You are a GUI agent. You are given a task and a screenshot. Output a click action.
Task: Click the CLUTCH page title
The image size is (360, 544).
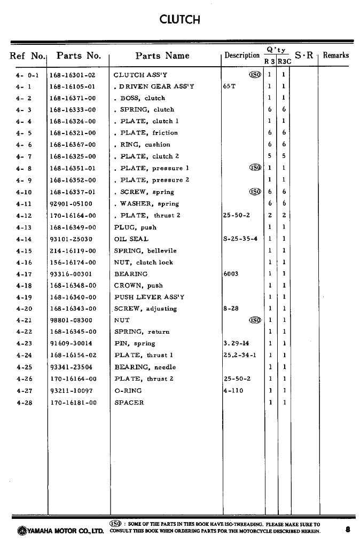179,20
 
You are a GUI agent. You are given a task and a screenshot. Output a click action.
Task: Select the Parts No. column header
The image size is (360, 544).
79,56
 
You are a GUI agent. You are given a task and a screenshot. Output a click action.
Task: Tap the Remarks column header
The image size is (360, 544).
335,55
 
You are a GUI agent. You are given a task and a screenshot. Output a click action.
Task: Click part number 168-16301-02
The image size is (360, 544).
72,75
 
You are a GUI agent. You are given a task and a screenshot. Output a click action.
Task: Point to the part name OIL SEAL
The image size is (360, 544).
131,239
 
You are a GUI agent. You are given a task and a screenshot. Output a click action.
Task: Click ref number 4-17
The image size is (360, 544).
24,274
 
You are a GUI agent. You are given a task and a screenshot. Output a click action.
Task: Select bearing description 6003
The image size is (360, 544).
231,274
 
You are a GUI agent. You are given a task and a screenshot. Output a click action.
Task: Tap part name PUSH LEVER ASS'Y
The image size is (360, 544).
149,297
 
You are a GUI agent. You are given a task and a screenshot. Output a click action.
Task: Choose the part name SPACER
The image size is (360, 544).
129,403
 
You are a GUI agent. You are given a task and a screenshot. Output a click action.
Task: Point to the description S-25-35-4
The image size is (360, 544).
240,239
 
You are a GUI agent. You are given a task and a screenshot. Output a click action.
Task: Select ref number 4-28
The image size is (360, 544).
24,403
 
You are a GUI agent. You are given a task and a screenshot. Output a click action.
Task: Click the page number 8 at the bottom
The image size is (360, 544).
348,530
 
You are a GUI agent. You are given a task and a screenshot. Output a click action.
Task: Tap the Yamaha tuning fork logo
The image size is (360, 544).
21,531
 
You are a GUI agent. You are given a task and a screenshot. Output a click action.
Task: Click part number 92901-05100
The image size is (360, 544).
71,204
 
